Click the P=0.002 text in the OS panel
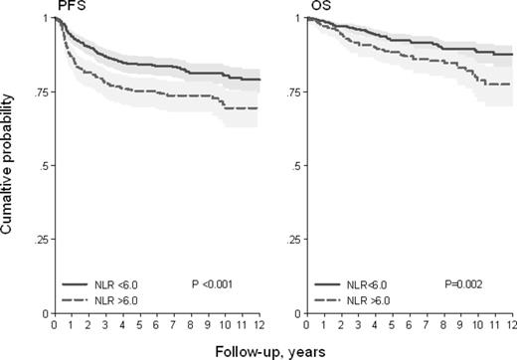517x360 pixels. pos(469,283)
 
